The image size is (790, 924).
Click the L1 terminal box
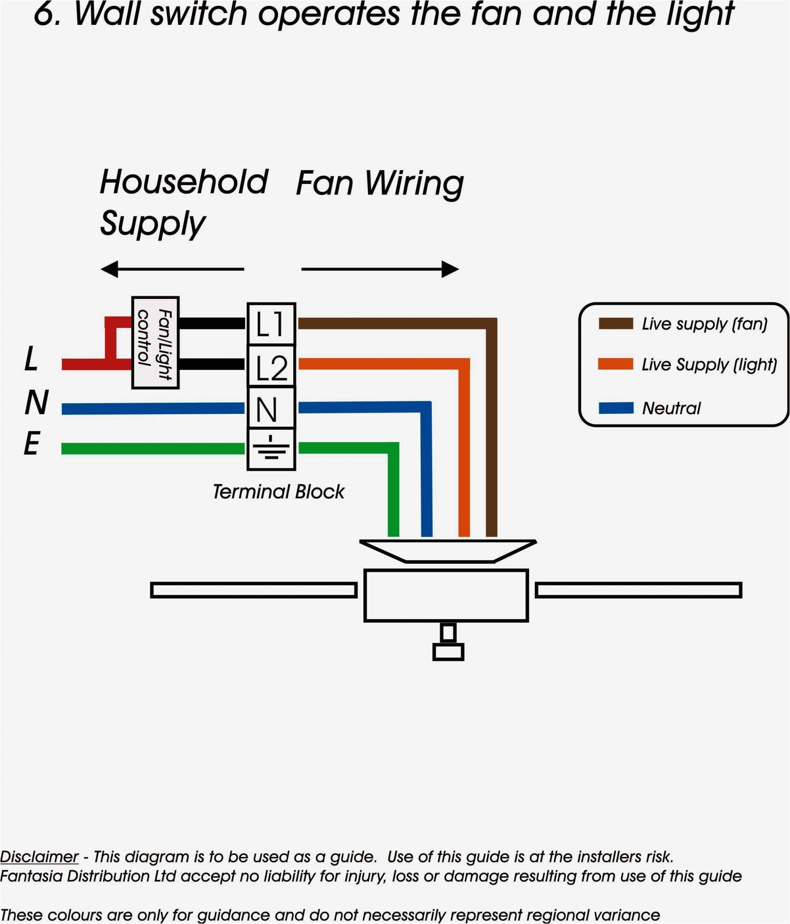pyautogui.click(x=271, y=324)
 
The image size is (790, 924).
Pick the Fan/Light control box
pyautogui.click(x=155, y=343)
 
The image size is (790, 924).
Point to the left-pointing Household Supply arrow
pyautogui.click(x=172, y=269)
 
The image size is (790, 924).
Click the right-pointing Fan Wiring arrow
pyautogui.click(x=380, y=269)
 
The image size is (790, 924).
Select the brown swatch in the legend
pyautogui.click(x=616, y=324)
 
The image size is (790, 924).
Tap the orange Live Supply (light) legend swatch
pyautogui.click(x=616, y=364)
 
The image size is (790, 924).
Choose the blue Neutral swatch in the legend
pyautogui.click(x=616, y=407)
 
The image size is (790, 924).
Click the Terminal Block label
pyautogui.click(x=279, y=492)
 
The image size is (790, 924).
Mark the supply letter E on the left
pyautogui.click(x=32, y=444)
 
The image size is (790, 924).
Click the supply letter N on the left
pyautogui.click(x=36, y=402)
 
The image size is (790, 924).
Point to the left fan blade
pyautogui.click(x=254, y=590)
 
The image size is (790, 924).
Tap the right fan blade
pyautogui.click(x=638, y=590)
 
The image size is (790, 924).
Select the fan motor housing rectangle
pyautogui.click(x=446, y=595)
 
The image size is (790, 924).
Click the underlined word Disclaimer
pyautogui.click(x=39, y=857)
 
